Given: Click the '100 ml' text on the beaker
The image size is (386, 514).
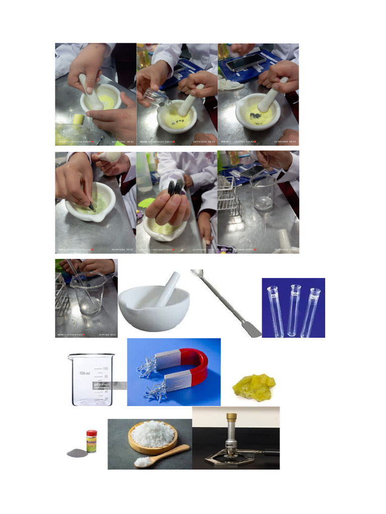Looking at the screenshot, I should tap(84, 373).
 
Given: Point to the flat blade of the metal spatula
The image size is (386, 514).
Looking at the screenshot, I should tap(252, 329).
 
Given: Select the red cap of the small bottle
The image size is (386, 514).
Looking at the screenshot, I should tap(91, 433).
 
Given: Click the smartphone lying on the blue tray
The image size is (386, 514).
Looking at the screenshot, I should tap(245, 62).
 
